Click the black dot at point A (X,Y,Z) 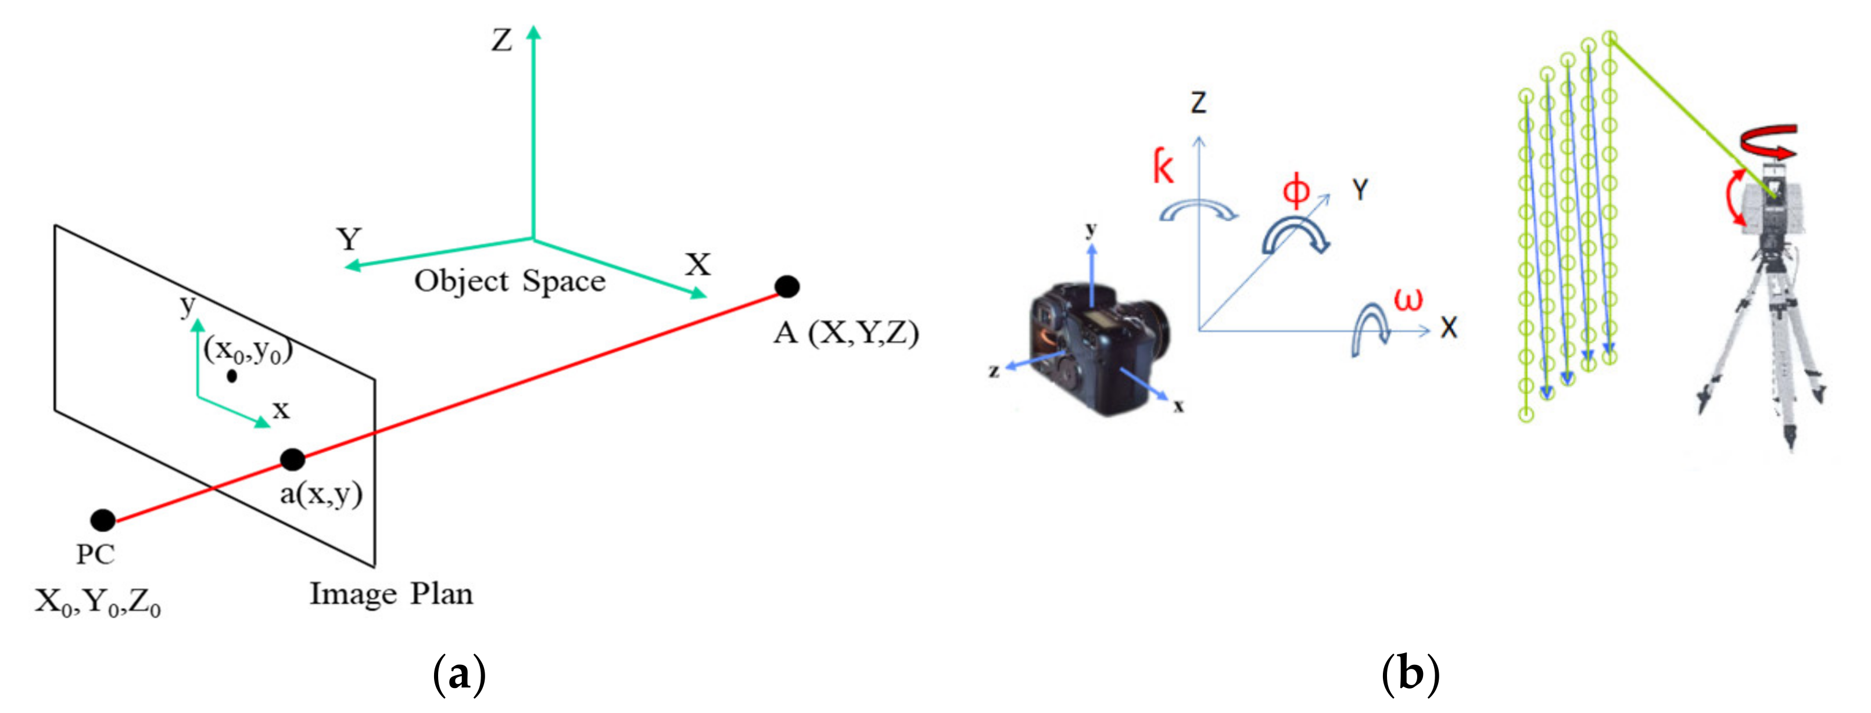(x=787, y=287)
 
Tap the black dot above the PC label (x=103, y=520)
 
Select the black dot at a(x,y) (x=292, y=460)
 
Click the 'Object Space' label (x=510, y=282)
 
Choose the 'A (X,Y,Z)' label (x=846, y=333)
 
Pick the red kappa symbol (x=1163, y=167)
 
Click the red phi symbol (x=1296, y=190)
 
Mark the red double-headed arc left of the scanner (x=1736, y=197)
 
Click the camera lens (x=1151, y=330)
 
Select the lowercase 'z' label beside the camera (x=994, y=371)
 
